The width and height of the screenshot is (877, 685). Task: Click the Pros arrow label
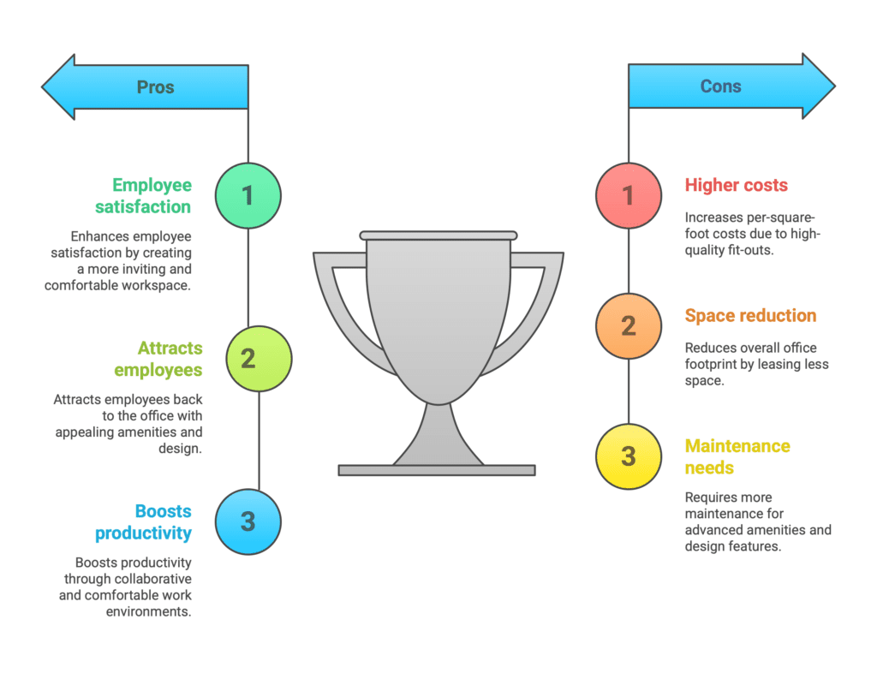coord(156,87)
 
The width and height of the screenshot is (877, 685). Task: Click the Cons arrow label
coord(720,86)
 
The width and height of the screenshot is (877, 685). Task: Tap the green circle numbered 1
coord(248,196)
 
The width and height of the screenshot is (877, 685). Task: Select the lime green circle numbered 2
coord(259,359)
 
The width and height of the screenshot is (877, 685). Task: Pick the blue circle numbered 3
coord(248,521)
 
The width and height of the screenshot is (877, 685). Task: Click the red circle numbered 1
coord(629,196)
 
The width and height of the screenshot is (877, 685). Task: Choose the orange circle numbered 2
coord(629,326)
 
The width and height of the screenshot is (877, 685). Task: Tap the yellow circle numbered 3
coord(629,456)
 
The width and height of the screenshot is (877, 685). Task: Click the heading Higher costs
coord(736,185)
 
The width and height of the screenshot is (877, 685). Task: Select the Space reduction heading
coord(750,315)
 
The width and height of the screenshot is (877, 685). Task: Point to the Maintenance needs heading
coord(737,456)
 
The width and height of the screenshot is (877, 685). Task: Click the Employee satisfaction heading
coord(143,196)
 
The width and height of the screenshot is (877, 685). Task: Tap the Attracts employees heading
coord(158,359)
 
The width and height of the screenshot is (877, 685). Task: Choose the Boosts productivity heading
coord(143,521)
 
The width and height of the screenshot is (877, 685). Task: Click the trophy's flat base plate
coord(437,470)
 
